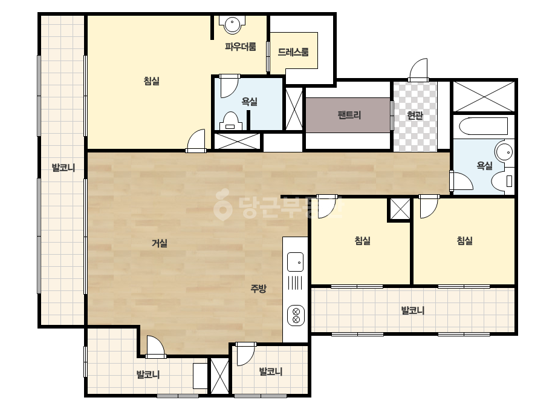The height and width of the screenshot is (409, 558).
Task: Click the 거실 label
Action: click(x=160, y=243)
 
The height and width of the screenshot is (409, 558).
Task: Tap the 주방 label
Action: click(x=258, y=288)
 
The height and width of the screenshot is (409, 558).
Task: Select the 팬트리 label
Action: click(x=349, y=115)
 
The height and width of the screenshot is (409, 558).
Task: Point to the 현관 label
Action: click(x=415, y=116)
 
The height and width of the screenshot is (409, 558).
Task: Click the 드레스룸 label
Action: click(x=293, y=52)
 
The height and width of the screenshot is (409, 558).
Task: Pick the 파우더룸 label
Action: click(x=241, y=47)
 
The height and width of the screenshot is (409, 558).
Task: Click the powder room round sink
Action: click(x=232, y=24)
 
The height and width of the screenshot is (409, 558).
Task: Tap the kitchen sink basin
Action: click(x=296, y=262)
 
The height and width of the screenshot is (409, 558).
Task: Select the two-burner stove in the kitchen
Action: click(x=296, y=316)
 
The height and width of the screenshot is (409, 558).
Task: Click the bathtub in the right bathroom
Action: click(x=483, y=126)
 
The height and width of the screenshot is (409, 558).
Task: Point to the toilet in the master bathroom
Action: click(x=230, y=121)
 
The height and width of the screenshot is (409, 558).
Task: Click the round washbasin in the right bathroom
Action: click(x=505, y=151)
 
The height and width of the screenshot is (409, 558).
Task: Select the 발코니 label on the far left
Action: click(x=63, y=168)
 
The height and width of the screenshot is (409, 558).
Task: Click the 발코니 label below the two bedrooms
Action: click(x=413, y=310)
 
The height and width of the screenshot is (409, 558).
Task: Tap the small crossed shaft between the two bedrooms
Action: click(x=400, y=209)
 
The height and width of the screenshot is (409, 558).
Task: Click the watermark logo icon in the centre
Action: click(x=223, y=204)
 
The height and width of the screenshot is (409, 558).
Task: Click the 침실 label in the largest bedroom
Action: click(x=152, y=81)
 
